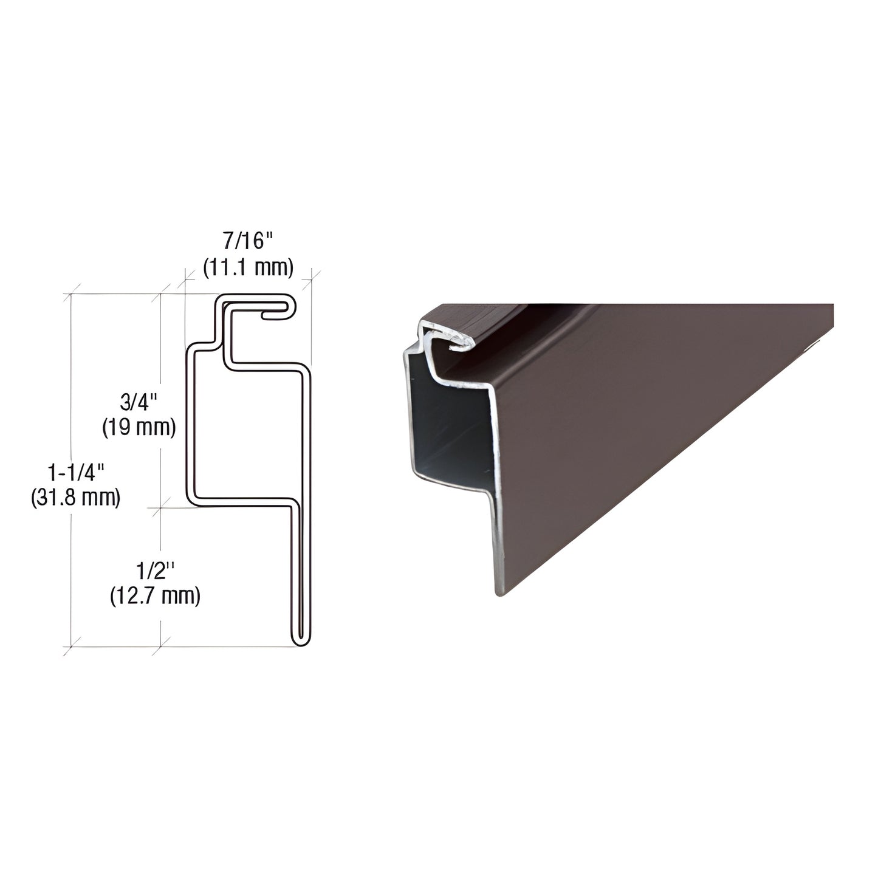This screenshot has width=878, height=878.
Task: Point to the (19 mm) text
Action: click(x=139, y=427)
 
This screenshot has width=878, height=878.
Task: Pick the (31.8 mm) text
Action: click(x=75, y=498)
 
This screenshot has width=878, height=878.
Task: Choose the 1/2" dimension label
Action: click(x=156, y=571)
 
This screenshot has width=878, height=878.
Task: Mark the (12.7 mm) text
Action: click(x=156, y=596)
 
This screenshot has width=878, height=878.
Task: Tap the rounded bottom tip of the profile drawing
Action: click(x=301, y=642)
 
